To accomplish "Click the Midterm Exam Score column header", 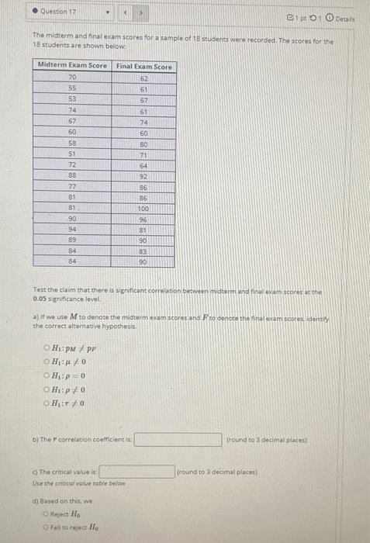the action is [73, 66].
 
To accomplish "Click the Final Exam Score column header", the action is [144, 66].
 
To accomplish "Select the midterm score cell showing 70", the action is [73, 78].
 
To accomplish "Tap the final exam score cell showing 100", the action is [144, 208].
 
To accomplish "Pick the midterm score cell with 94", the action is [73, 230].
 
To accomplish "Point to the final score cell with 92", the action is [144, 176].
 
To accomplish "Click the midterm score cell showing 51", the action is [73, 154].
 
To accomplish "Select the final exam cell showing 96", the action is [144, 219].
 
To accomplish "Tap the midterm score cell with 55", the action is [73, 89].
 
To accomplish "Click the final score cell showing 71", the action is [144, 154].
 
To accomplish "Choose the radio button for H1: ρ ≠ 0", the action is [47, 391].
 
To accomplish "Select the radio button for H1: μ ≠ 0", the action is [47, 361].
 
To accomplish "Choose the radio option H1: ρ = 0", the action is [47, 376].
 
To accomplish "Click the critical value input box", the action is [137, 471].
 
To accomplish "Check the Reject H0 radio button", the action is [47, 514].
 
